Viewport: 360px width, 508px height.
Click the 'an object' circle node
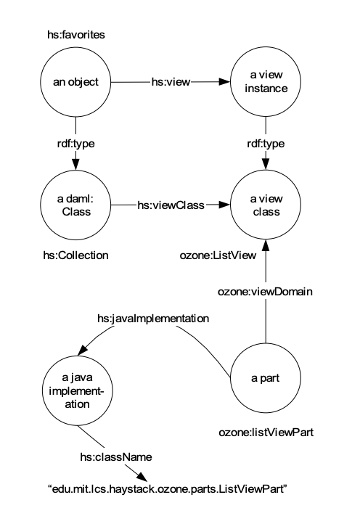click(75, 82)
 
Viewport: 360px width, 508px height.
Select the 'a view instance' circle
click(266, 82)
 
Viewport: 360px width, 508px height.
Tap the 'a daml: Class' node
click(75, 205)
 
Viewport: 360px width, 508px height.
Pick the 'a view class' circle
click(266, 205)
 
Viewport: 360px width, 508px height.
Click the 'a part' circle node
click(266, 378)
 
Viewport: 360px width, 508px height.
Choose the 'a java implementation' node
click(78, 390)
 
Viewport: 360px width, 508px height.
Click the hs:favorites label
click(76, 35)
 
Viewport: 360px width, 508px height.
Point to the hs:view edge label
click(171, 82)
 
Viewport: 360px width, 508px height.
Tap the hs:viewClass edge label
click(171, 205)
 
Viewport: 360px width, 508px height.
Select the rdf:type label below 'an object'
click(75, 144)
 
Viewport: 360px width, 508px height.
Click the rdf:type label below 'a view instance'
click(266, 144)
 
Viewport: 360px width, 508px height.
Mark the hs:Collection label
click(75, 255)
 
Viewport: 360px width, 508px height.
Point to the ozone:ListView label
click(218, 255)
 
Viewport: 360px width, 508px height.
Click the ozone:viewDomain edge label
click(266, 292)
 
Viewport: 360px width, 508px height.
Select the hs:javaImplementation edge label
click(153, 319)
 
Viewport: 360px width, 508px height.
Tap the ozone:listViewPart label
click(266, 433)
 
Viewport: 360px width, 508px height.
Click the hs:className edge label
click(116, 457)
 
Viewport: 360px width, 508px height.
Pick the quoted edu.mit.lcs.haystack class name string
click(168, 488)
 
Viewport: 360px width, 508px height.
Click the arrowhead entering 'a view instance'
click(224, 81)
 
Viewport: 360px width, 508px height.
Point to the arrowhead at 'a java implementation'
click(83, 350)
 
